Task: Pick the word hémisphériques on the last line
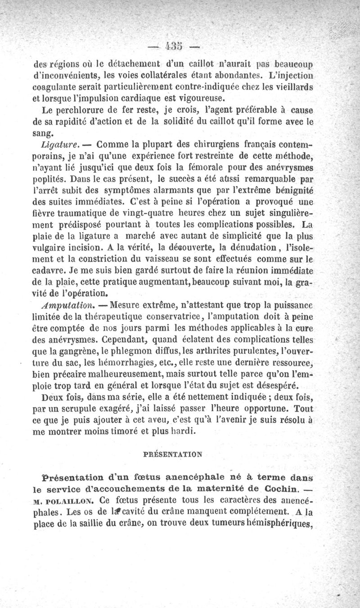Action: pyautogui.click(x=281, y=524)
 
